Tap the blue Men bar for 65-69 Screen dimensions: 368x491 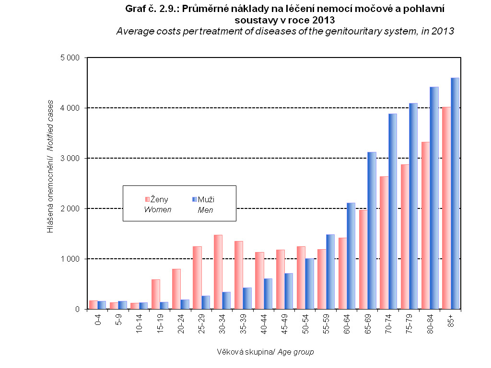pos(372,230)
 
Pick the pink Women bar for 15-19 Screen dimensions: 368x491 pos(155,294)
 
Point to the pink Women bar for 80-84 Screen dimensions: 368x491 pos(425,226)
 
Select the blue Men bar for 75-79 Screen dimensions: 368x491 pos(413,206)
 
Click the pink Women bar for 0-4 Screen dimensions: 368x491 pos(93,305)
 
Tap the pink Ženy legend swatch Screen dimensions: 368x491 pos(147,199)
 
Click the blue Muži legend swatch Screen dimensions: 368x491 pos(194,199)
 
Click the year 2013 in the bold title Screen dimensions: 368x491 pos(318,20)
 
